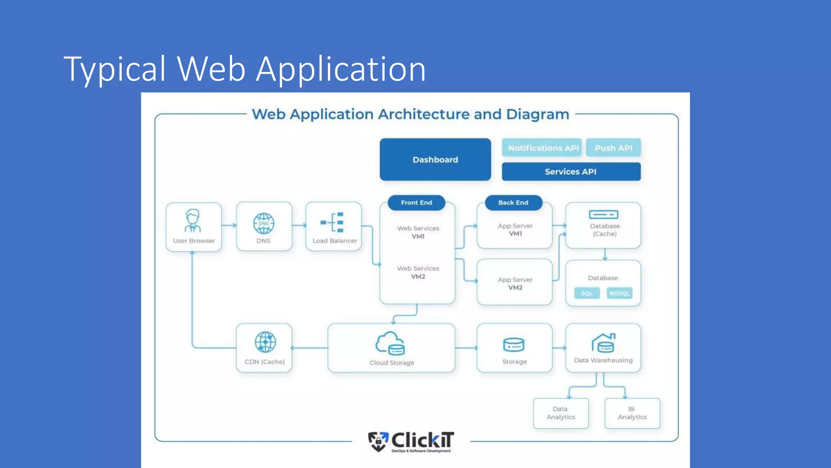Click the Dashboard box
click(435, 160)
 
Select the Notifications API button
click(543, 148)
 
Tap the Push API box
click(613, 148)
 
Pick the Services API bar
click(571, 171)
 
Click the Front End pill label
click(416, 202)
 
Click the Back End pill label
click(513, 202)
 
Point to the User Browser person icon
click(193, 221)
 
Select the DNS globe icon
click(264, 223)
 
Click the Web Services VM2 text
click(418, 272)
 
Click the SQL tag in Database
click(587, 293)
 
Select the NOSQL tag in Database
click(619, 293)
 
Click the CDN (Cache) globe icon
click(265, 342)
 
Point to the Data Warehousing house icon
click(603, 343)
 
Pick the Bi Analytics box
click(632, 413)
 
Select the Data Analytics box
click(561, 413)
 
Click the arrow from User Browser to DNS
click(229, 225)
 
